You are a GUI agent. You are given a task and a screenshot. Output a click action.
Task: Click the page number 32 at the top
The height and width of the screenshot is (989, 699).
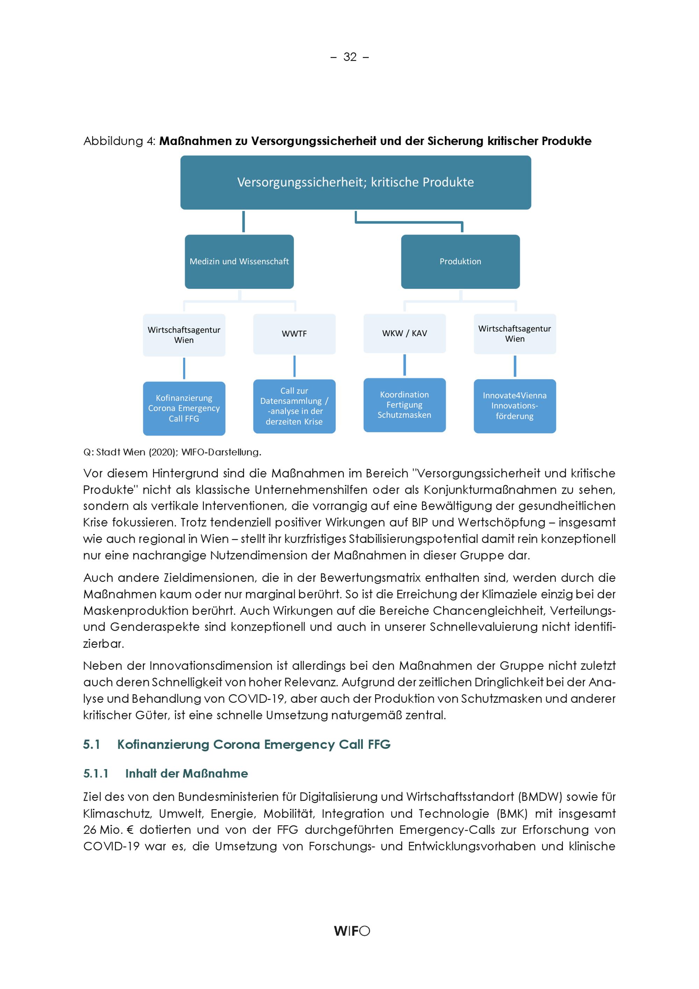[350, 57]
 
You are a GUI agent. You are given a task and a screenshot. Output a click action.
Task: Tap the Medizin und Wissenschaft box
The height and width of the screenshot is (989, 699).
[239, 261]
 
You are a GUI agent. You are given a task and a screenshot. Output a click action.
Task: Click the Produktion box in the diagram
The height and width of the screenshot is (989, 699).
[460, 261]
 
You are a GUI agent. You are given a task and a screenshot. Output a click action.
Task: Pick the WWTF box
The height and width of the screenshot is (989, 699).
[294, 334]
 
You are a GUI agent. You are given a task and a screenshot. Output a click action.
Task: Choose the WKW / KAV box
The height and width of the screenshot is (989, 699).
[404, 333]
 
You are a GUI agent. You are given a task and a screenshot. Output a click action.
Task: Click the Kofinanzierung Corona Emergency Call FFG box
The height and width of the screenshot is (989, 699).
[184, 408]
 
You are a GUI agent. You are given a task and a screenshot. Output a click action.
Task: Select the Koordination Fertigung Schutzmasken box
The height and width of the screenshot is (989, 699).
[404, 405]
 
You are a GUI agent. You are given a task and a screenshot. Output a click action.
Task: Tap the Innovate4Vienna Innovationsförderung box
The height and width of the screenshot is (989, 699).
[515, 406]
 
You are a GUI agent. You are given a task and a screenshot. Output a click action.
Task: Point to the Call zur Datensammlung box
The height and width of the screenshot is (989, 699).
[294, 406]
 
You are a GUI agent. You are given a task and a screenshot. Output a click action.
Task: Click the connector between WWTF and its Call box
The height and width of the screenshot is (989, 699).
[295, 367]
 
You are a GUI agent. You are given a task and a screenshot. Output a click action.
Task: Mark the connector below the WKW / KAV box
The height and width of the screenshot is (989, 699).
[404, 365]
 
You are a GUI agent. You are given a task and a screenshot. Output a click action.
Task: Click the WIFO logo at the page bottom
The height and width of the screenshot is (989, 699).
[352, 931]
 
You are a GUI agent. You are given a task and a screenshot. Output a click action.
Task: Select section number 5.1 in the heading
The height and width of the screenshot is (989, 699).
[91, 744]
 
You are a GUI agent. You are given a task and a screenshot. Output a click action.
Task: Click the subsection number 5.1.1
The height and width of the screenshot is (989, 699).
[96, 774]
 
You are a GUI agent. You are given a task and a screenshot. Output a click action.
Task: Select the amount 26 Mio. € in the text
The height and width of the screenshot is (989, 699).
[109, 830]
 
